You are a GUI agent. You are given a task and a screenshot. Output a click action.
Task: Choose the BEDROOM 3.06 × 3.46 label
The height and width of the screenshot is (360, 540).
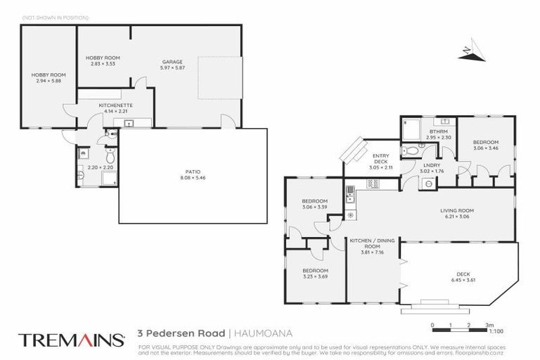click(x=486, y=145)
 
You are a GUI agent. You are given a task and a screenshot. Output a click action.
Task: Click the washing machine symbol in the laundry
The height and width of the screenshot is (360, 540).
click(x=429, y=183)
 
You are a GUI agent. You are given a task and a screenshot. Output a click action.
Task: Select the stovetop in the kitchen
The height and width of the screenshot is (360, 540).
click(x=373, y=184)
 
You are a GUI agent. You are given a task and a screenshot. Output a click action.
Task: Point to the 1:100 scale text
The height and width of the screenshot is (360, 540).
click(x=496, y=330)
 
